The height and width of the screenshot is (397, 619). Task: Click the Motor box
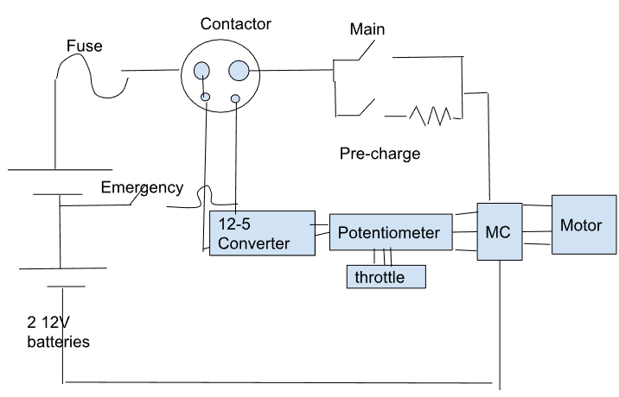582,225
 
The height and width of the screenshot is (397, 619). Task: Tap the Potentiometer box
390,232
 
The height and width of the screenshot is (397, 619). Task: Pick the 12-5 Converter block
261,232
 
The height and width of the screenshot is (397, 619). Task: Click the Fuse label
85,47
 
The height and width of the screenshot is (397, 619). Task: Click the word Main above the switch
367,30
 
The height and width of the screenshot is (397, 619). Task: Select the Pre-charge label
380,154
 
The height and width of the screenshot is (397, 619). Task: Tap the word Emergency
142,187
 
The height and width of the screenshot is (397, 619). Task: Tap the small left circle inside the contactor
206,98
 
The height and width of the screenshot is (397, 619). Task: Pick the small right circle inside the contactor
235,102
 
